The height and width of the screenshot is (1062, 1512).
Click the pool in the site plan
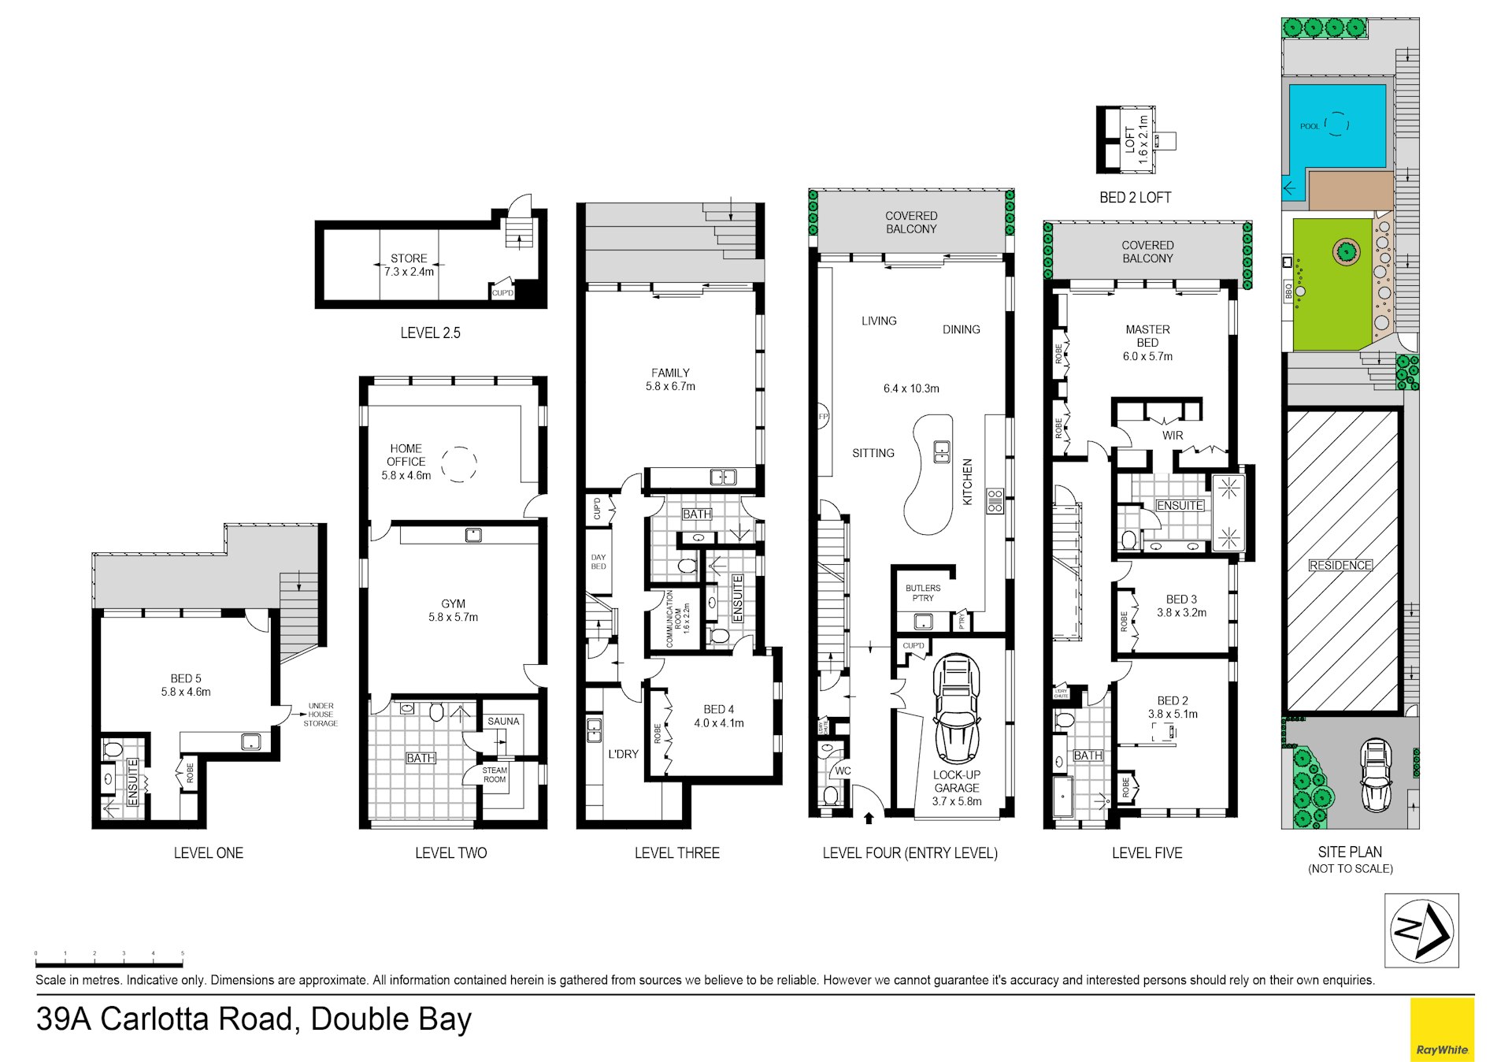coord(1337,126)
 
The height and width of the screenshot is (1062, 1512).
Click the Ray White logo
coord(1441,1029)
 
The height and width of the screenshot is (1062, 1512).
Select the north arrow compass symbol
coord(1421,930)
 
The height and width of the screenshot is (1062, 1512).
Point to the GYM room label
coord(453,611)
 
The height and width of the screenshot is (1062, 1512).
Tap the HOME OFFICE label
coord(406,461)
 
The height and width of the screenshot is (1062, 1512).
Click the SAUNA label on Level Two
coord(503,721)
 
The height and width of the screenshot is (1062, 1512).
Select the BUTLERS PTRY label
coord(922,592)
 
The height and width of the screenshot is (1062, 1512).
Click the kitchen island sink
coord(942,451)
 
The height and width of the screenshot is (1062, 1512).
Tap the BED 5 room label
coord(186,685)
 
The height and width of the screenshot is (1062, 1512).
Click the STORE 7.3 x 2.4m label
coord(409,265)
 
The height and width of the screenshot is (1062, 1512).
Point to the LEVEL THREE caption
coord(676,852)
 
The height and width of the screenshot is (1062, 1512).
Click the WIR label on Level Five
coord(1172,435)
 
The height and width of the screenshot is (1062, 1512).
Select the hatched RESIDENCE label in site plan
coord(1340,565)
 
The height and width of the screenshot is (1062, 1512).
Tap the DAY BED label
coord(598,562)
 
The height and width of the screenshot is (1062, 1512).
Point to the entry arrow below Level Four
coord(869,819)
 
